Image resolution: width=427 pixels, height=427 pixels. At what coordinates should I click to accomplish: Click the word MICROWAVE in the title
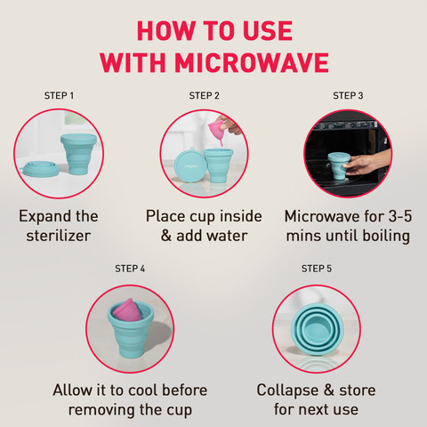point(252,63)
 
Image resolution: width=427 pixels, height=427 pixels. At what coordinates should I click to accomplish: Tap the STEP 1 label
point(59,95)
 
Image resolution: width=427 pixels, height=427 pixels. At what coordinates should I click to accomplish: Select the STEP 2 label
point(204,95)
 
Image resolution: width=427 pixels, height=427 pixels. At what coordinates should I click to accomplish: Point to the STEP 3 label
point(348,95)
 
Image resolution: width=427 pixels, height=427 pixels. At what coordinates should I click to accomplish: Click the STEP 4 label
point(130,269)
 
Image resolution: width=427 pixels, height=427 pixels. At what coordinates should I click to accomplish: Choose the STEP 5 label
point(317,269)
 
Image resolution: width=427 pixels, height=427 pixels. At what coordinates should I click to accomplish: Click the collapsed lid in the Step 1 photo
point(39,169)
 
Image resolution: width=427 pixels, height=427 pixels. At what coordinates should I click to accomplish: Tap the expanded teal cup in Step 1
point(78,154)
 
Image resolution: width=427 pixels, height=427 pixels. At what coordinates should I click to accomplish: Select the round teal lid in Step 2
point(190,165)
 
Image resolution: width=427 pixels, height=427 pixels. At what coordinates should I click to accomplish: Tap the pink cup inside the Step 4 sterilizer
point(127,310)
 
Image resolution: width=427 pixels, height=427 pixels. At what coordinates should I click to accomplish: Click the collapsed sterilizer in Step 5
point(318,329)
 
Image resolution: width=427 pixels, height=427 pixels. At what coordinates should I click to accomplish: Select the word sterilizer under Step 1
point(59,236)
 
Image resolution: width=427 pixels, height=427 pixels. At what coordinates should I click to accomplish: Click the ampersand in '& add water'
point(166,236)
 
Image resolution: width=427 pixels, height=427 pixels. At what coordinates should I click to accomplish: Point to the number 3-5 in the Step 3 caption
point(400,216)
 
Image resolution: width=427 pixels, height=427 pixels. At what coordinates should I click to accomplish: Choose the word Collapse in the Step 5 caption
point(287,391)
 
